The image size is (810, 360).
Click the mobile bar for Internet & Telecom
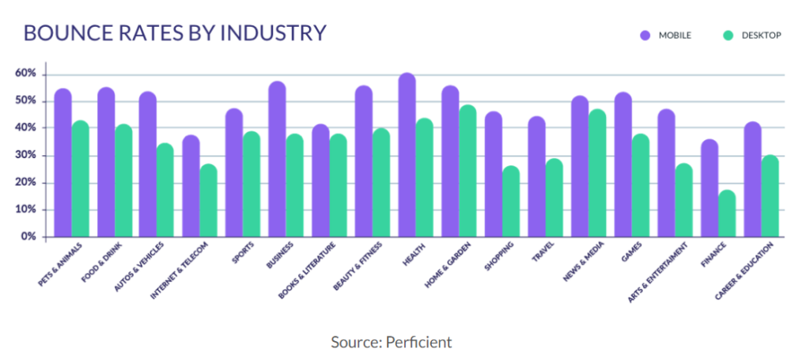coord(191,187)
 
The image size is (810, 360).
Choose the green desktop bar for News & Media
coord(597,173)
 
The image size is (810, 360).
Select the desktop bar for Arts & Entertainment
coord(683,201)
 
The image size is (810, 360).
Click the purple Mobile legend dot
coord(645,35)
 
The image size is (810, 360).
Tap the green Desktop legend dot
coord(728,35)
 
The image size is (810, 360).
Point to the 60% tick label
coord(26,74)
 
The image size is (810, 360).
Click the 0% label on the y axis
coord(29,237)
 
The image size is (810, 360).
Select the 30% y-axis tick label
coord(26,155)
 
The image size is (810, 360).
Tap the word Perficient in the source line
coord(419,342)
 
